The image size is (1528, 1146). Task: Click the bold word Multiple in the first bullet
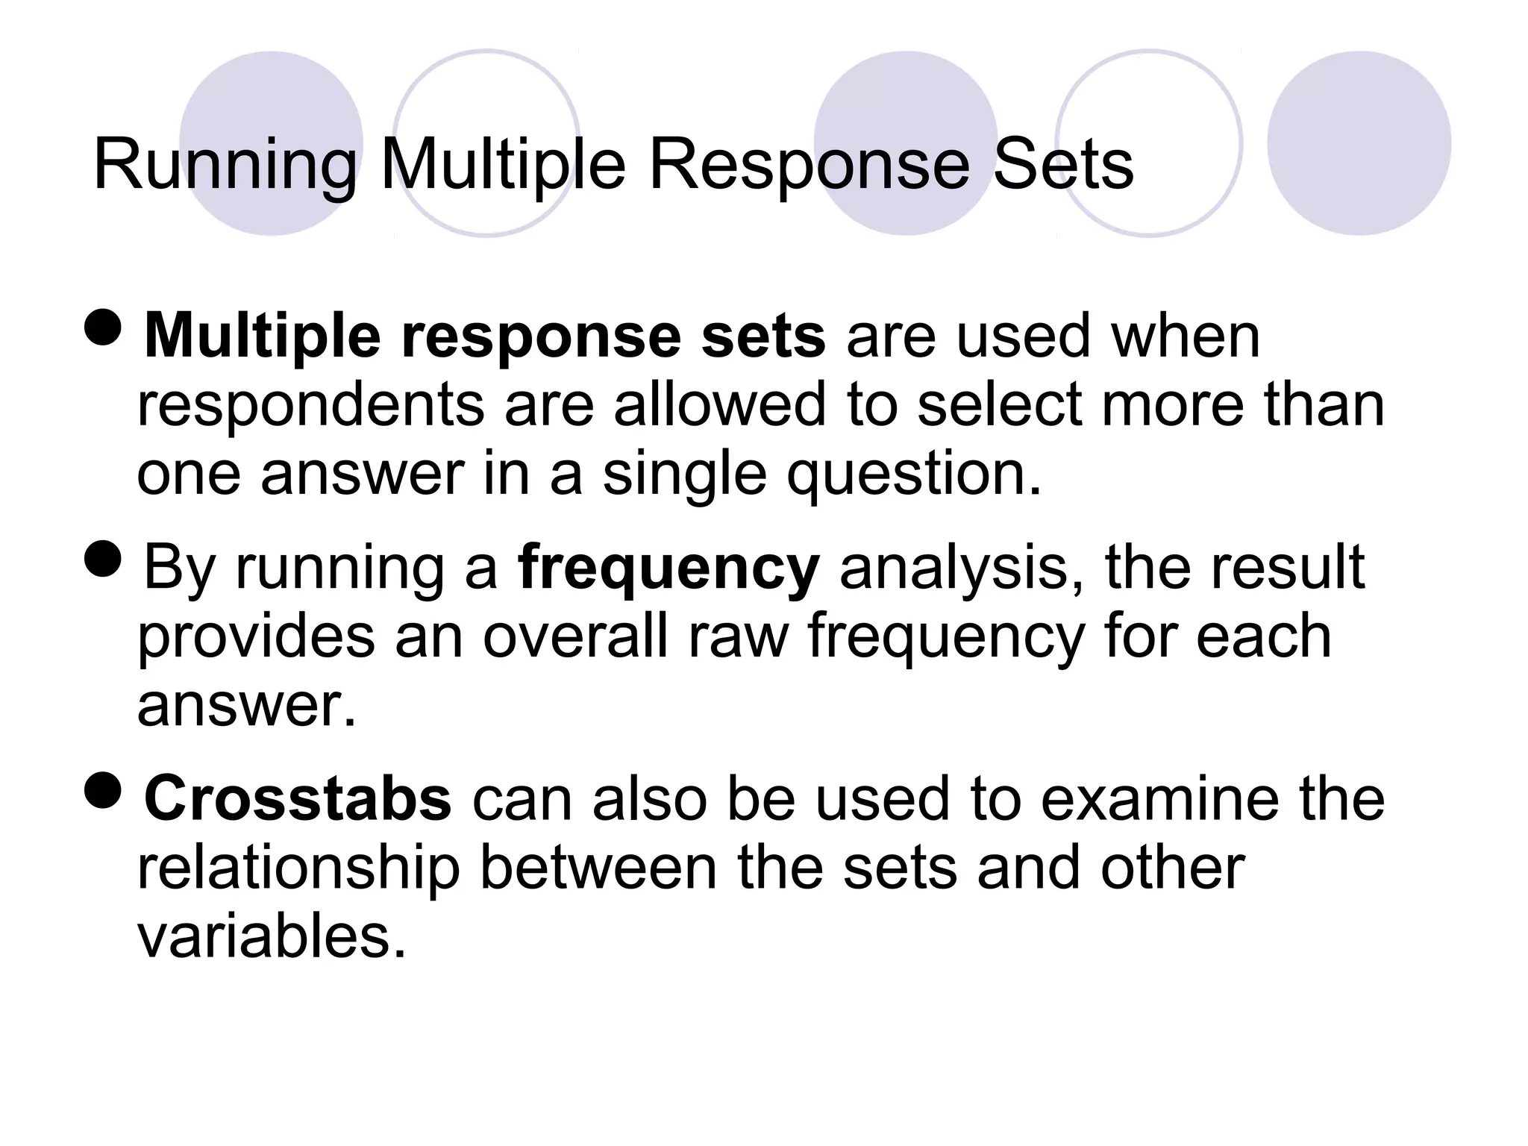click(x=262, y=337)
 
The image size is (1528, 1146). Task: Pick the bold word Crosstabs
click(x=298, y=799)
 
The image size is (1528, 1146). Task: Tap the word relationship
click(x=298, y=868)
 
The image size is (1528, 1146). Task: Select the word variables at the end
click(x=272, y=937)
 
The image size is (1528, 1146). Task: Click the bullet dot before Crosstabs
click(x=103, y=790)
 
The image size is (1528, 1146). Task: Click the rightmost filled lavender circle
click(x=1359, y=143)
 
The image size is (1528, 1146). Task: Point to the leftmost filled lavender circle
click(x=272, y=143)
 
